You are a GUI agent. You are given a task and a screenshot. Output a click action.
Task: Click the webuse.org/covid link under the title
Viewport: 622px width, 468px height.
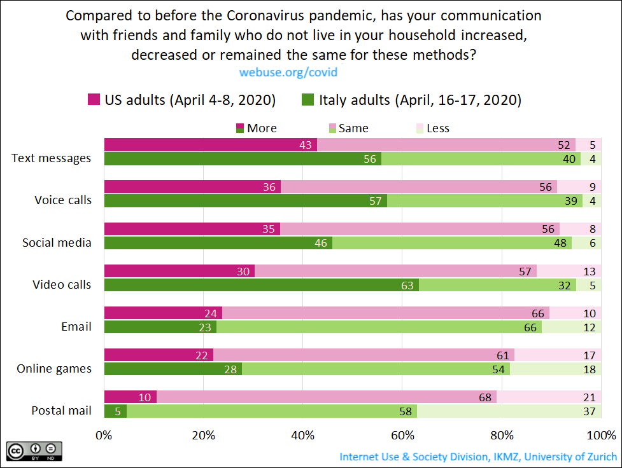point(288,72)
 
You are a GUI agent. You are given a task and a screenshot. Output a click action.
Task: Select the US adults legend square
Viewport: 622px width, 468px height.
point(94,99)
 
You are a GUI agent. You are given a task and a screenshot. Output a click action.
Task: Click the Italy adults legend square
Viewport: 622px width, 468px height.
point(308,99)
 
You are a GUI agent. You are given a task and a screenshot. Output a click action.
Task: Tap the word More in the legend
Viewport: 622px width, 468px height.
point(262,128)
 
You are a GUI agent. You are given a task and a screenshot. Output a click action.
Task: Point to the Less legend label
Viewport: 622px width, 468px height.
point(437,128)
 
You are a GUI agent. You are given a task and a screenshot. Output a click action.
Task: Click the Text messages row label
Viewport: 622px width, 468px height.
point(52,158)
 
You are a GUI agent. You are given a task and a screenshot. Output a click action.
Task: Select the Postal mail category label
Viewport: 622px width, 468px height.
point(61,410)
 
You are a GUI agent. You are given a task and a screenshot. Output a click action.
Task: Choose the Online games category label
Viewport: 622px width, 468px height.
point(54,368)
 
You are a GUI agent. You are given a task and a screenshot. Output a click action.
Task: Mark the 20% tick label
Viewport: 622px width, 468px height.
point(203,436)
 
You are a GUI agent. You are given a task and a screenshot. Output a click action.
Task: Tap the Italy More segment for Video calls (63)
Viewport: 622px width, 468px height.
point(261,285)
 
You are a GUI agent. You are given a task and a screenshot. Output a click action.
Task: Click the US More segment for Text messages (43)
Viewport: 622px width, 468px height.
point(210,145)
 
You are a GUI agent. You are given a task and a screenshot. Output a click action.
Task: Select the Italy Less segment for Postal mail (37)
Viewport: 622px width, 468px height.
point(507,411)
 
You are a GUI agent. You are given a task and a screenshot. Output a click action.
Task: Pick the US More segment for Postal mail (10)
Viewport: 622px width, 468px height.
point(130,397)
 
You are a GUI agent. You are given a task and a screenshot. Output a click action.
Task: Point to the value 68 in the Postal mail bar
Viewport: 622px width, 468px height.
point(485,397)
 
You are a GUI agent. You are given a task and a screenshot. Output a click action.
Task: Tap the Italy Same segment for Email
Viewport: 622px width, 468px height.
point(379,327)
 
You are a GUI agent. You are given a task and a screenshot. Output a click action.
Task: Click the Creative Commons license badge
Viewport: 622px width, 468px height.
point(34,451)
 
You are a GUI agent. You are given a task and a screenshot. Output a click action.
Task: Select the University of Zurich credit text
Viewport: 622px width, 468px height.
point(477,457)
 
